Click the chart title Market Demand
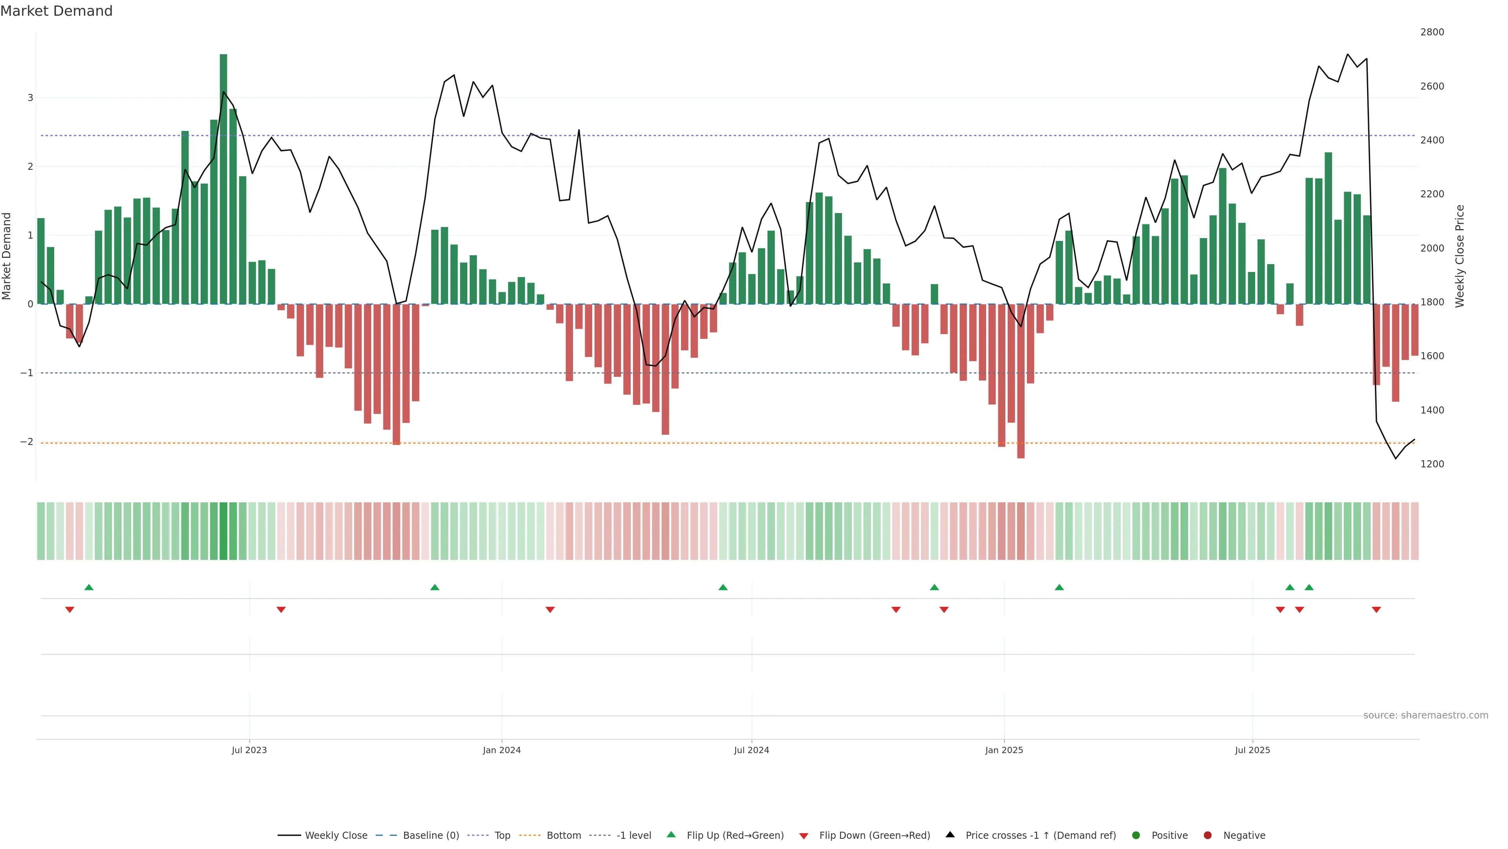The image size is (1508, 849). (x=56, y=11)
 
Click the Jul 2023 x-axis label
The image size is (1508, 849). (x=249, y=750)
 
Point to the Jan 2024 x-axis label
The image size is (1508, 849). (x=502, y=750)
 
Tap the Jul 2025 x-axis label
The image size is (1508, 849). (x=1252, y=750)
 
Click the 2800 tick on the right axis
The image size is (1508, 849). (x=1431, y=32)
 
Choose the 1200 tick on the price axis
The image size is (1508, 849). (x=1431, y=464)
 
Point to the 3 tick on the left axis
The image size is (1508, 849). (x=31, y=98)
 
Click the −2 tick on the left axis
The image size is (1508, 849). (x=27, y=442)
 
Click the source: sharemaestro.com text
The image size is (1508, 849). (x=1426, y=715)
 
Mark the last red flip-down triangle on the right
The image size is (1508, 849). (x=1376, y=610)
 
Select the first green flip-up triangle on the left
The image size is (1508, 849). (x=89, y=587)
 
